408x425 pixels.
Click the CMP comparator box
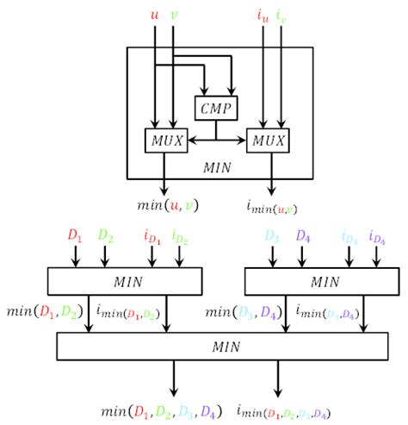click(x=214, y=108)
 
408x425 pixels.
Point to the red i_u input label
click(x=263, y=14)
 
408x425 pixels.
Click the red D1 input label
click(x=75, y=235)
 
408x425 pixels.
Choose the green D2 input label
click(x=106, y=235)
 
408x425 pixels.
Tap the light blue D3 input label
click(x=273, y=235)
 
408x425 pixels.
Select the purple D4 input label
click(x=303, y=235)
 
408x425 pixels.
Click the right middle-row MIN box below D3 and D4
click(x=318, y=280)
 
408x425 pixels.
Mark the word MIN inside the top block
click(x=218, y=166)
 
